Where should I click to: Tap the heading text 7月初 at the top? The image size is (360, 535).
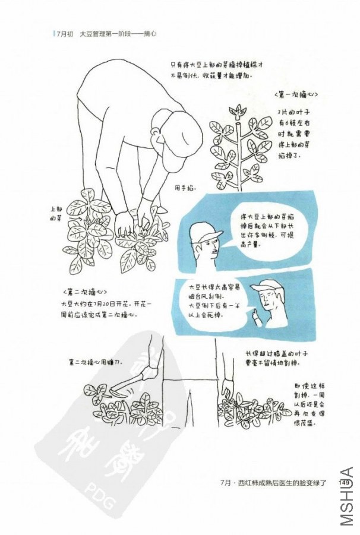[x=62, y=34]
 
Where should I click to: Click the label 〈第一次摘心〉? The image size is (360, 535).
[x=296, y=94]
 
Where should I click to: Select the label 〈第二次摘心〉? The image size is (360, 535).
[x=84, y=292]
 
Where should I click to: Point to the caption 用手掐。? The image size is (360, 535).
[x=185, y=188]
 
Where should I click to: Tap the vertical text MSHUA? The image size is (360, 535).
[x=347, y=496]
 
